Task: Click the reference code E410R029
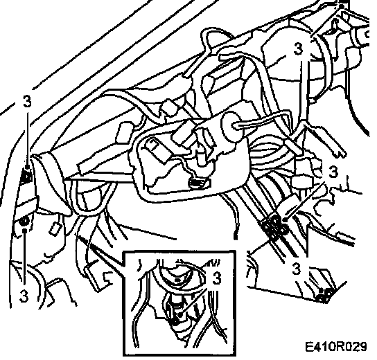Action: tap(336, 347)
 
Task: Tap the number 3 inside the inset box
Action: tap(217, 278)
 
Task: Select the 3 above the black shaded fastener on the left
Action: tap(27, 101)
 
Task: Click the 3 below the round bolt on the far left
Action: tap(24, 296)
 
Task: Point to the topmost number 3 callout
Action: tap(298, 48)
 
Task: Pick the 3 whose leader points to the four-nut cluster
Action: tap(333, 172)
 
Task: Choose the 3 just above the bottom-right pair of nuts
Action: tap(297, 268)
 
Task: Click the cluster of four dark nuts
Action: tap(274, 226)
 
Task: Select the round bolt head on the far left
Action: tap(24, 222)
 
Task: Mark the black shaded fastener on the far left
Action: tap(26, 176)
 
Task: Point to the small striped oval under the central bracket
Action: tap(198, 183)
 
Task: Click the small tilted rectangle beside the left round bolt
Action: tap(55, 228)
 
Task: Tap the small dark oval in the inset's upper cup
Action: tap(177, 280)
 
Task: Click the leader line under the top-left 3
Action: tap(28, 137)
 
